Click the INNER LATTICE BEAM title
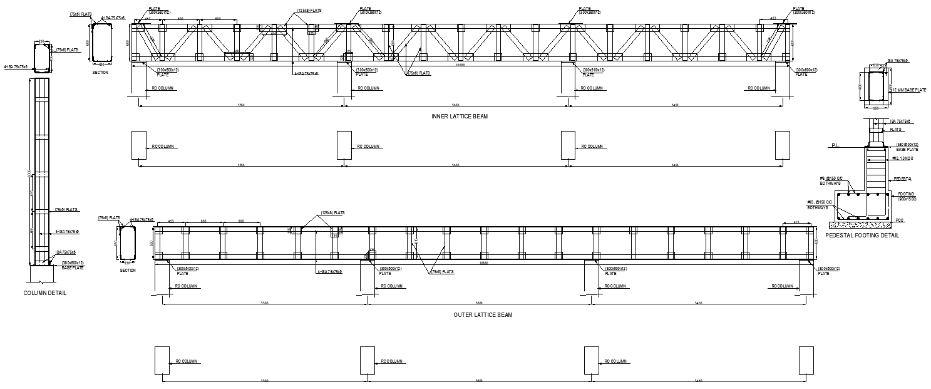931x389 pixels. pyautogui.click(x=459, y=117)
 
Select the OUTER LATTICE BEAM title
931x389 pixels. pyautogui.click(x=482, y=315)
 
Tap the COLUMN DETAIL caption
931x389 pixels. pyautogui.click(x=44, y=293)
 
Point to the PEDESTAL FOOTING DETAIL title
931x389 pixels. pyautogui.click(x=862, y=236)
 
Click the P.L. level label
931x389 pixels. pyautogui.click(x=835, y=146)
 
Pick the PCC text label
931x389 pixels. pyautogui.click(x=900, y=220)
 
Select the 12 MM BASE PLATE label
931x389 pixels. pyautogui.click(x=908, y=90)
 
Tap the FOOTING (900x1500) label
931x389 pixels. pyautogui.click(x=907, y=197)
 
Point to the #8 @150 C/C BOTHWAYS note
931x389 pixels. pyautogui.click(x=831, y=182)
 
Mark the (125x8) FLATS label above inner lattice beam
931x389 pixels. pyautogui.click(x=309, y=11)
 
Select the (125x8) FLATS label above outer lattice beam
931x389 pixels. pyautogui.click(x=333, y=213)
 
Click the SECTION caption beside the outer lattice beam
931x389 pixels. pyautogui.click(x=128, y=271)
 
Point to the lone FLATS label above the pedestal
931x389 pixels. pyautogui.click(x=896, y=130)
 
